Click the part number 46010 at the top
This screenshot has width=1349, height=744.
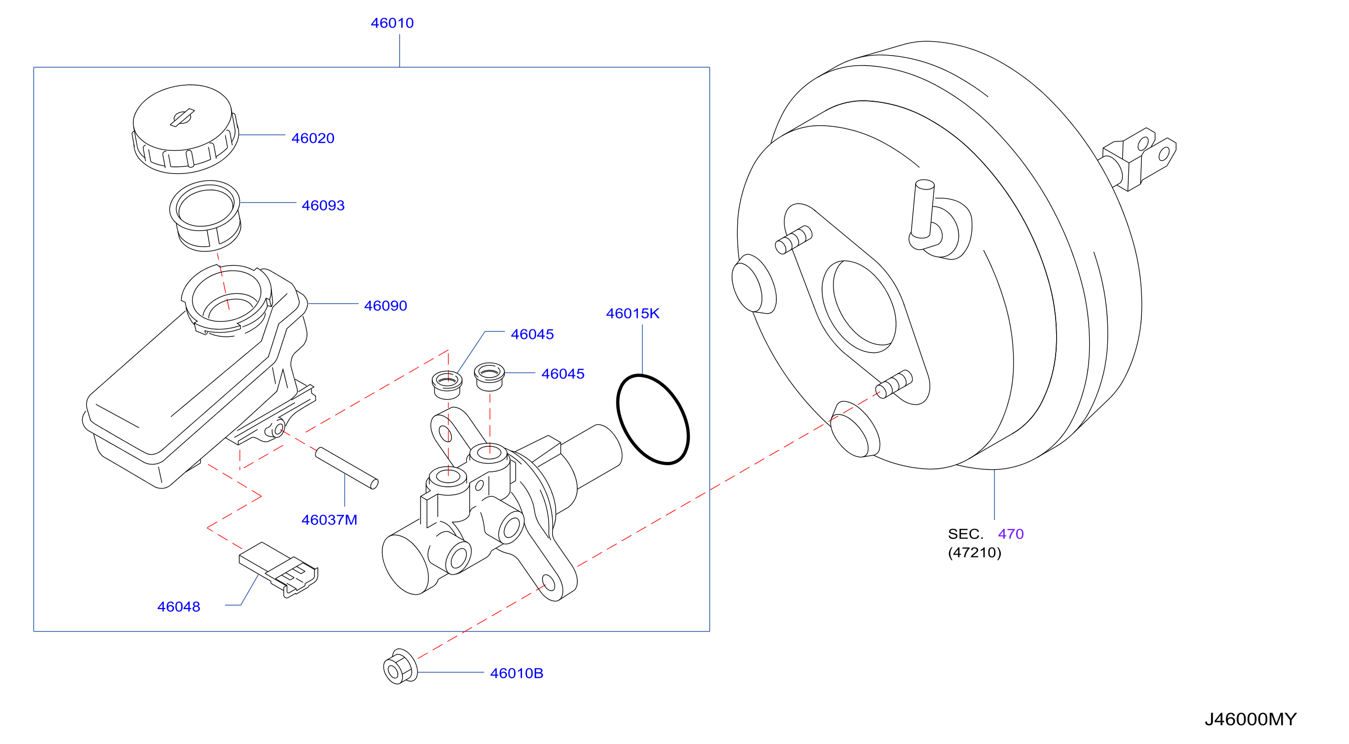[x=392, y=23]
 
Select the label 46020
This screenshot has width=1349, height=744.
[x=312, y=138]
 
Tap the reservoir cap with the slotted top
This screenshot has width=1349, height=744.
[x=185, y=129]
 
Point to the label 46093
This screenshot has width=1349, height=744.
[x=323, y=205]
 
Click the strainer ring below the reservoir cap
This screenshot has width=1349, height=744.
[x=205, y=216]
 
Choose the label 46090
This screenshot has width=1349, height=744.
[x=386, y=306]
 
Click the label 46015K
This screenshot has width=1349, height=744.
[x=632, y=314]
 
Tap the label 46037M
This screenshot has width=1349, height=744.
[x=329, y=520]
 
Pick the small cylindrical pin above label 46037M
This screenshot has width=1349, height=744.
[x=347, y=468]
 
